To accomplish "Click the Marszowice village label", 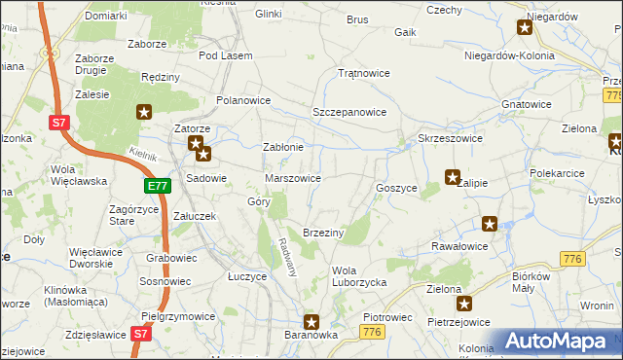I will tap(293, 178).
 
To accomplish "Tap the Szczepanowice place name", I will tap(348, 112).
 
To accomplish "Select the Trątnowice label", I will tap(362, 73).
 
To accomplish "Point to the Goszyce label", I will tap(396, 187).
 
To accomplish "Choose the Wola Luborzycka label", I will tap(359, 276).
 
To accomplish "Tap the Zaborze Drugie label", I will tap(101, 64).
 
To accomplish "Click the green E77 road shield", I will tap(158, 186).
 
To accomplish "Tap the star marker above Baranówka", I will tap(311, 321).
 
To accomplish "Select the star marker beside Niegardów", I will tap(525, 27).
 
